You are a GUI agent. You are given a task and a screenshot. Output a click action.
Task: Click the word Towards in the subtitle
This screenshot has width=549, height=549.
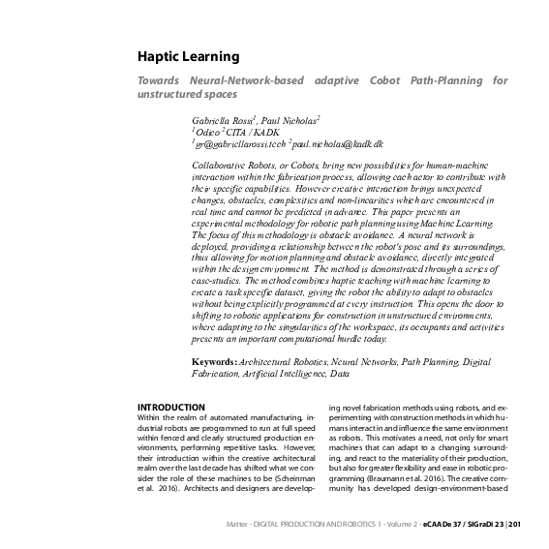(x=161, y=80)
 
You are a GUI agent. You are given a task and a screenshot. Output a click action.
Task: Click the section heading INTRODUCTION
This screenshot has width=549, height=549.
(x=171, y=407)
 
